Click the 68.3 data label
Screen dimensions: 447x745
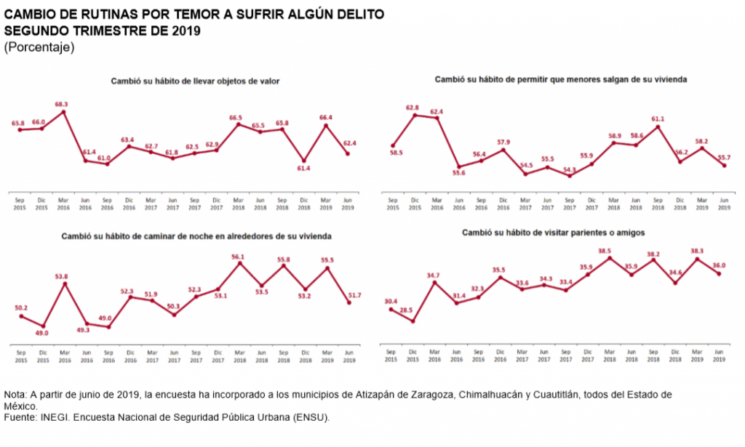[62, 104]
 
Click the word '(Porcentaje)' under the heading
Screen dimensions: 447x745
[39, 47]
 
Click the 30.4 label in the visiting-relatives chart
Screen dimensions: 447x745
[391, 301]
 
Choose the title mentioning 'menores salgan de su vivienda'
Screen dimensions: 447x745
[560, 78]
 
